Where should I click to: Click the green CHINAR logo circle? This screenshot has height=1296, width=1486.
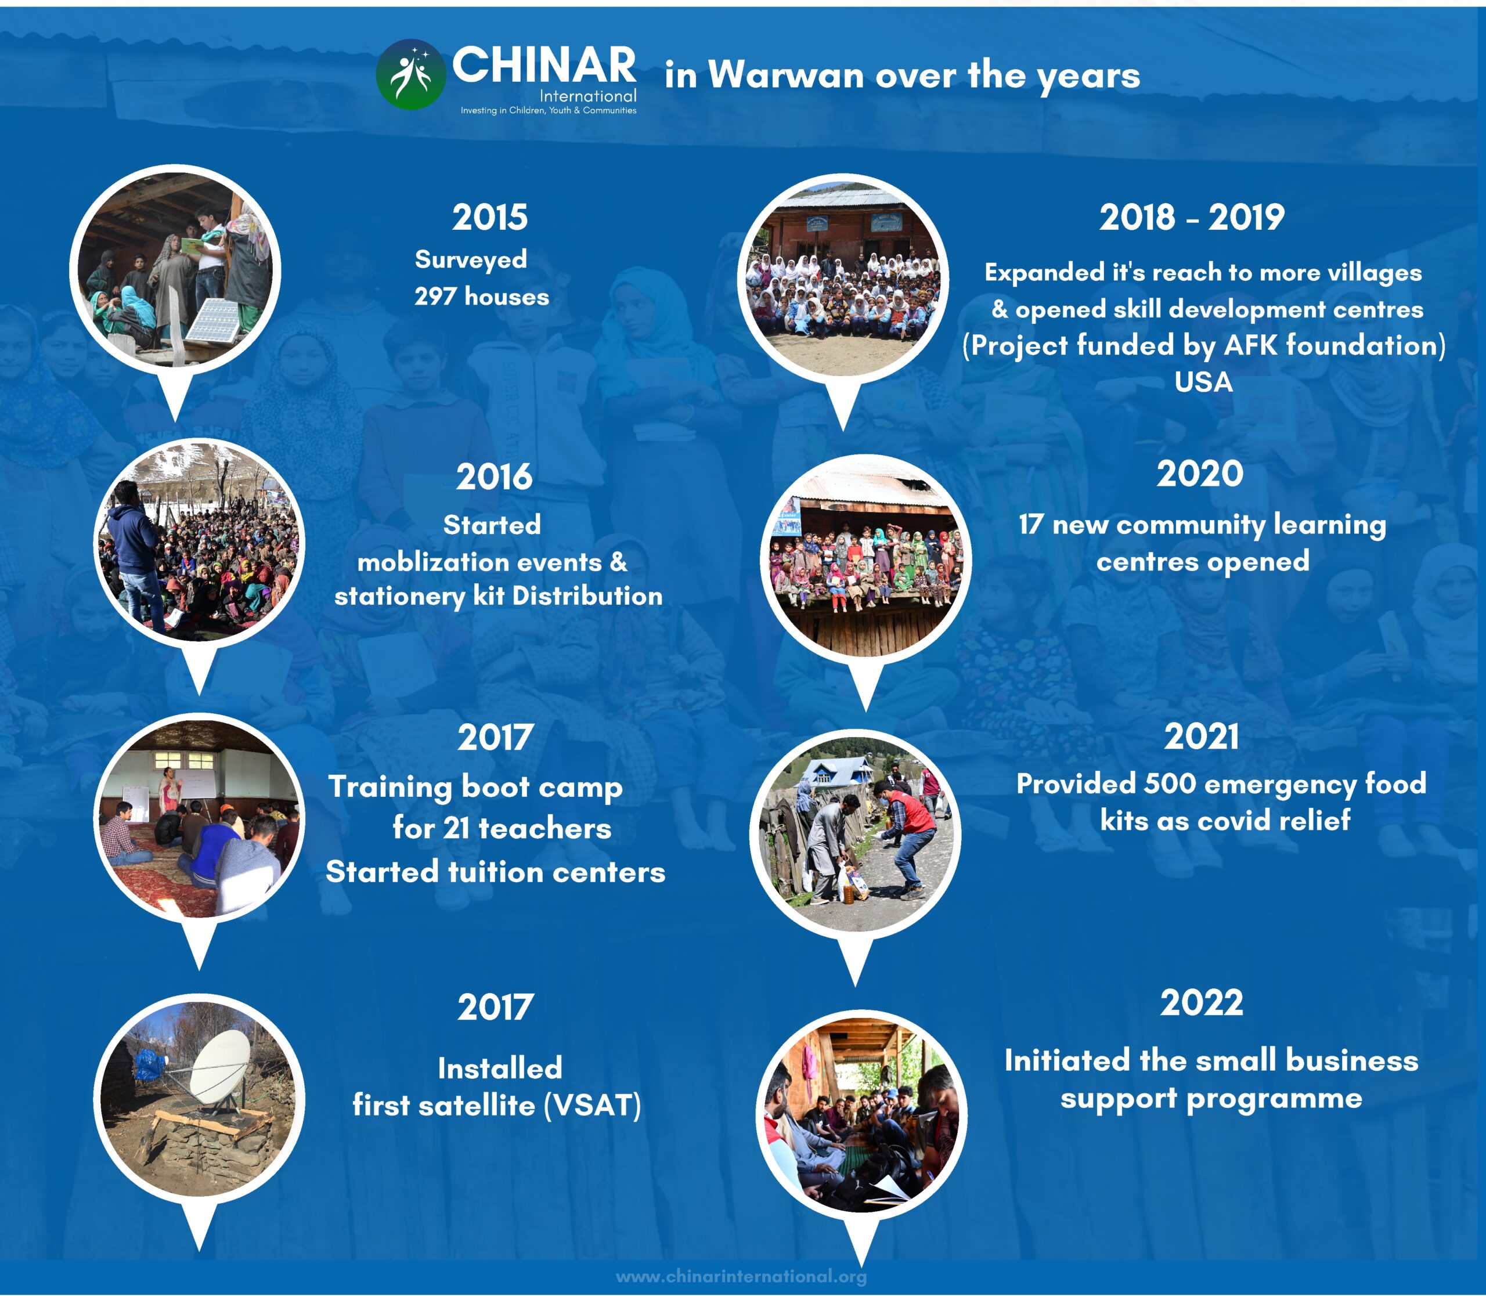[x=411, y=74]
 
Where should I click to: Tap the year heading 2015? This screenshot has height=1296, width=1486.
[x=490, y=217]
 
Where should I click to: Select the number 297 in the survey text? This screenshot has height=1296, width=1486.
[x=435, y=297]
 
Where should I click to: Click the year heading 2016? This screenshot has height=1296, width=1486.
[x=494, y=477]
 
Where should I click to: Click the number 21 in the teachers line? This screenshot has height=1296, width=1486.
[x=456, y=829]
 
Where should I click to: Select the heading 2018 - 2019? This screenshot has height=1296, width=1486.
[x=1192, y=217]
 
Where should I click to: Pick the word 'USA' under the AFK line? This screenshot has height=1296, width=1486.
[x=1203, y=382]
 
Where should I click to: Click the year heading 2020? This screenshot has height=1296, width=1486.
[x=1199, y=474]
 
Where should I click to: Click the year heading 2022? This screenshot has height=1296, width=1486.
[x=1202, y=1002]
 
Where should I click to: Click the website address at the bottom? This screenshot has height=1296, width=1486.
[x=742, y=1276]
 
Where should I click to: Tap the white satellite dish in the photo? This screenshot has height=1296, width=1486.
[x=218, y=1067]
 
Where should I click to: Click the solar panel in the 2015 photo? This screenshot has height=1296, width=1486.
[x=215, y=320]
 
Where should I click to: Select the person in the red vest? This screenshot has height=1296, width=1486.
[x=910, y=835]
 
